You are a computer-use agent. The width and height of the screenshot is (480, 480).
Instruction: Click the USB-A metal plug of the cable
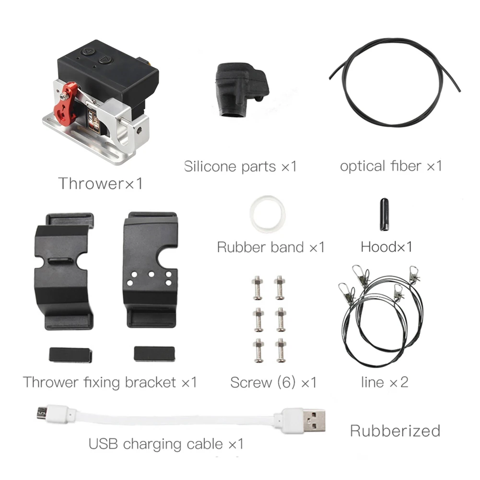[x=315, y=420]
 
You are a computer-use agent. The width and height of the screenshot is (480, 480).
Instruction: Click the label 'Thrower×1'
[x=100, y=183]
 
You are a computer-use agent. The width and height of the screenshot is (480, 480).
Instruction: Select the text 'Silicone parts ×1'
[x=240, y=166]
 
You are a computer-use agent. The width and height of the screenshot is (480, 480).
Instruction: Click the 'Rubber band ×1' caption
[x=271, y=247]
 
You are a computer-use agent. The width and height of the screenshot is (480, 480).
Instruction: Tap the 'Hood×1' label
[x=386, y=247]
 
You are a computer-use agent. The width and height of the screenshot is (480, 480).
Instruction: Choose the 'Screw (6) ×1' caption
[x=273, y=382]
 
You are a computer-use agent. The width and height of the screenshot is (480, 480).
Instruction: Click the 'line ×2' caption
[x=385, y=382]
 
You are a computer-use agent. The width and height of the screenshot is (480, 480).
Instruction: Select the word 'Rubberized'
[x=395, y=430]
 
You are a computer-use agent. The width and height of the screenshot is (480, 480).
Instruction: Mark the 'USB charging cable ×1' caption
[x=166, y=444]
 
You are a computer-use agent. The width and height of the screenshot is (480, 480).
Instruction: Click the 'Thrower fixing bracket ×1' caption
[x=110, y=382]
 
